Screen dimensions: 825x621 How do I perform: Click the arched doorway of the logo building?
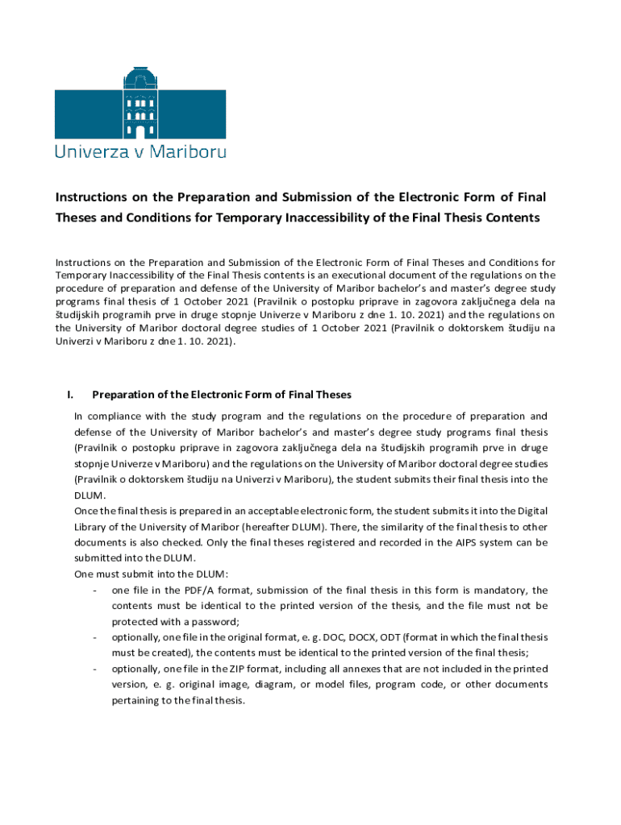click(x=140, y=131)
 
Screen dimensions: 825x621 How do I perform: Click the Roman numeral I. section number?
click(x=71, y=395)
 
